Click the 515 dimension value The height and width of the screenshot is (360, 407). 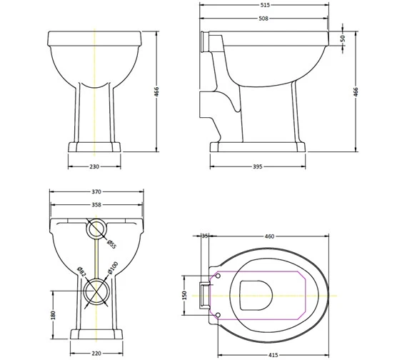[264, 5]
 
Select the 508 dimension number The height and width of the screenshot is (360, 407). [263, 19]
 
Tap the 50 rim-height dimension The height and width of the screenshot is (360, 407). [343, 38]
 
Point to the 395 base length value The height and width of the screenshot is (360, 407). [258, 166]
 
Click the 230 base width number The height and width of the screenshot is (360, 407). [94, 166]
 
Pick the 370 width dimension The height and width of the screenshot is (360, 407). [96, 191]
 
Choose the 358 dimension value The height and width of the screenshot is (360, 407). [96, 205]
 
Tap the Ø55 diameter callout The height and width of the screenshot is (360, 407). [111, 244]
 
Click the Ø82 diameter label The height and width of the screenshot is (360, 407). [81, 271]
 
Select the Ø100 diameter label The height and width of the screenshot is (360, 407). [113, 268]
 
